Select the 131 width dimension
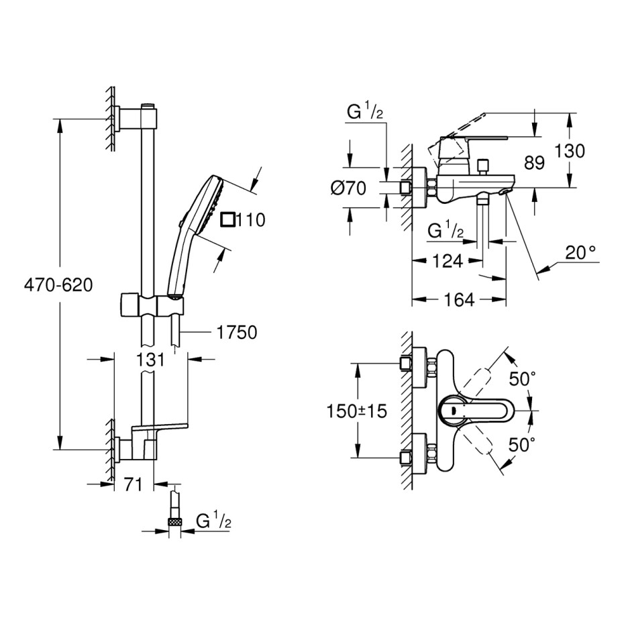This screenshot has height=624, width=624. tap(151, 360)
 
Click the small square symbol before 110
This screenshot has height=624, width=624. tap(229, 219)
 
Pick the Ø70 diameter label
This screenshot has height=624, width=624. tap(349, 189)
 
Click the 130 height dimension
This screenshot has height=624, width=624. tap(570, 151)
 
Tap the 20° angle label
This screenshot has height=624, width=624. tap(580, 254)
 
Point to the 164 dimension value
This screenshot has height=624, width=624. tap(458, 300)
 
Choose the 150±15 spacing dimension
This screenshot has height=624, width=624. tap(357, 411)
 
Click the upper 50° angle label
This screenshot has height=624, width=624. tap(523, 379)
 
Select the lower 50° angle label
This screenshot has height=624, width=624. tap(523, 444)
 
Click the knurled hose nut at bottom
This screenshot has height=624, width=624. tap(176, 522)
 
